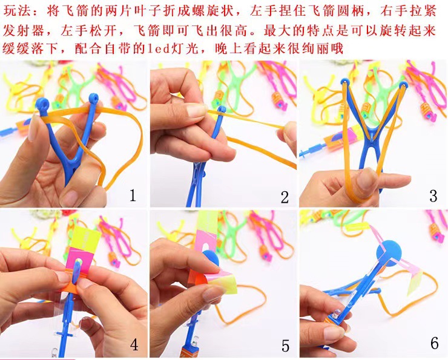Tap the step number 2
tap(285, 196)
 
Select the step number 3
tap(433, 195)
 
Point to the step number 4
tap(134, 345)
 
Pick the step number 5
tap(285, 345)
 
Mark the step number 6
tap(434, 343)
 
